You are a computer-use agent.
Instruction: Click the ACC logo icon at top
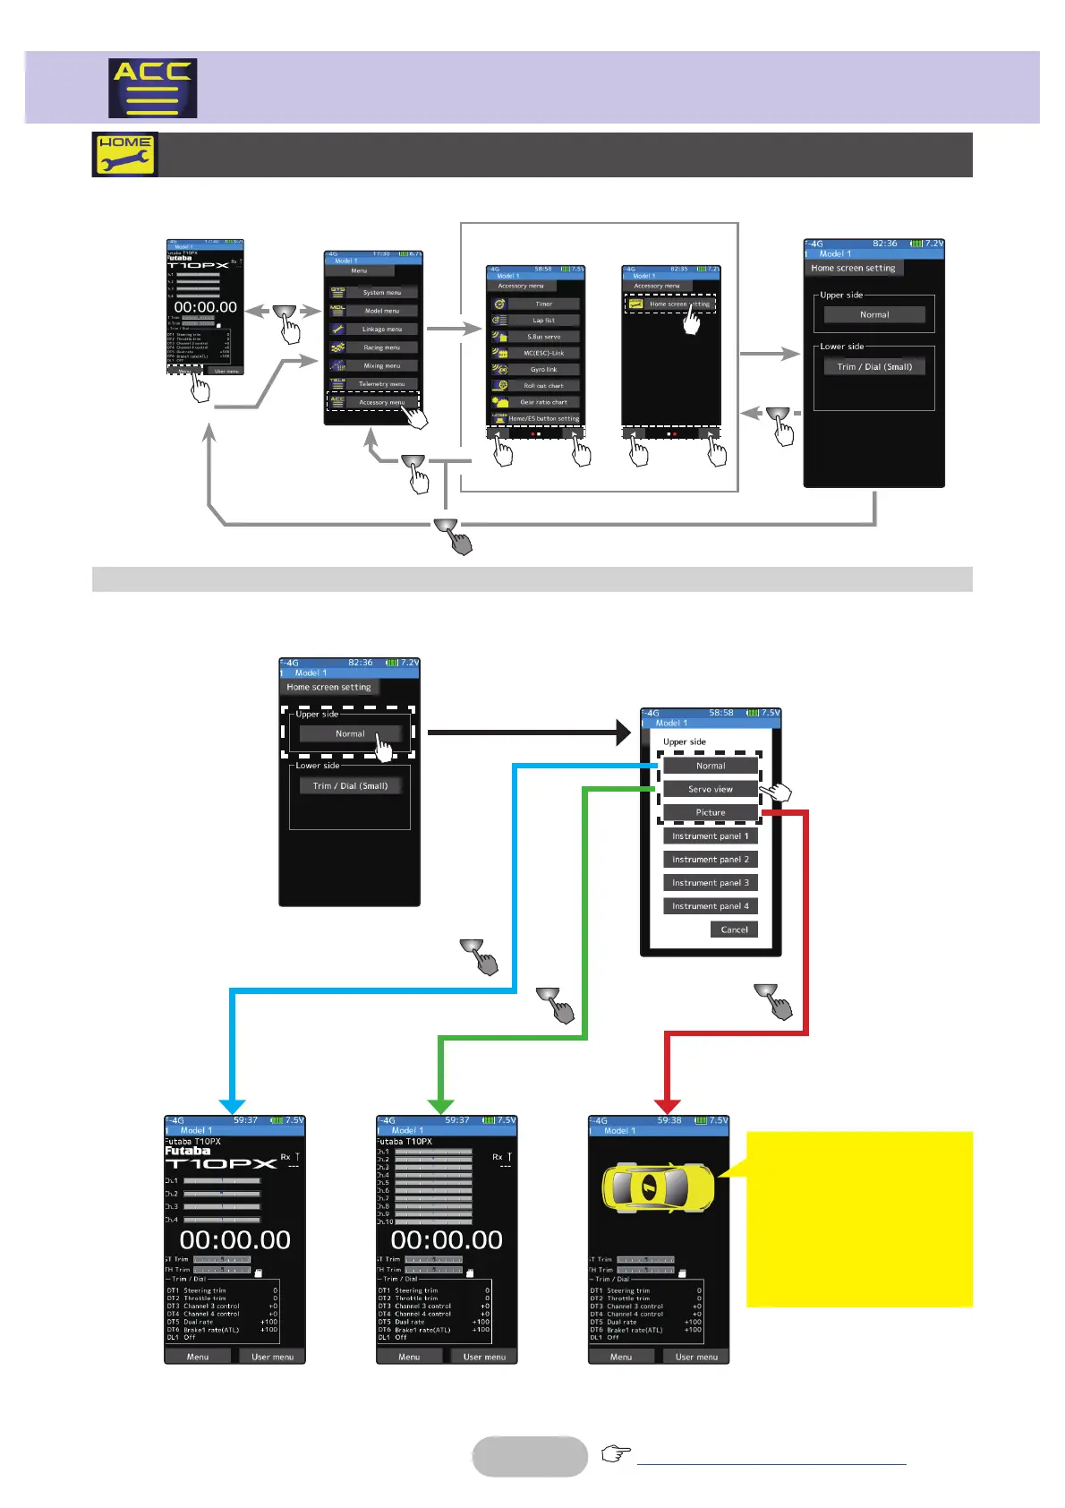pos(152,88)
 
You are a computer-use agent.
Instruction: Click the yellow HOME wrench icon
pos(124,154)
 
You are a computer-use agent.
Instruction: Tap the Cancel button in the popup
pos(734,930)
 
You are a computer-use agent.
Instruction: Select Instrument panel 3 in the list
pos(711,883)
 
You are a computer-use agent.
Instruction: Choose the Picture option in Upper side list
pos(711,813)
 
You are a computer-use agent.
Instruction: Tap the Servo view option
pos(711,789)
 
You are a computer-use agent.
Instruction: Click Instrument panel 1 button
pos(711,836)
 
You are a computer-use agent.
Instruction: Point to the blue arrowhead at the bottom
pos(232,1105)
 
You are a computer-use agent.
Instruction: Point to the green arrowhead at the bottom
pos(441,1105)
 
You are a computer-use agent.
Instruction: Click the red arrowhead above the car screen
pos(668,1105)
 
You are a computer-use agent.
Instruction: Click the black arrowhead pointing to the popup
pos(623,733)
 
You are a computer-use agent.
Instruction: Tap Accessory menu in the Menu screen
pos(381,403)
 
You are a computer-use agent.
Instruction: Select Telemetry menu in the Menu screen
pos(381,384)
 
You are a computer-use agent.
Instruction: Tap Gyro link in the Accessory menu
pos(543,369)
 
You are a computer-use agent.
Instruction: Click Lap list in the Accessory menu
pos(543,320)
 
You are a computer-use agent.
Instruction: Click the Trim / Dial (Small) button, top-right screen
pos(874,366)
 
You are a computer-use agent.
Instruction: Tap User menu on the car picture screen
pos(696,1357)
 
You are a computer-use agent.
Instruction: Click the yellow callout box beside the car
pos(859,1219)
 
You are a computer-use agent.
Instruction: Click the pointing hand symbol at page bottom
pos(616,1452)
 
